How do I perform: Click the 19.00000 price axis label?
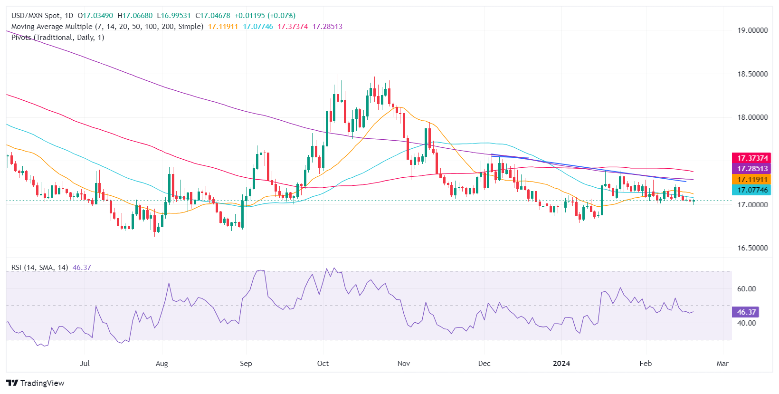click(x=752, y=30)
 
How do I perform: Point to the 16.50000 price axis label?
click(x=752, y=248)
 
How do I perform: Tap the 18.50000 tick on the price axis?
click(x=752, y=74)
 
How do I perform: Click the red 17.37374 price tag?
click(x=752, y=158)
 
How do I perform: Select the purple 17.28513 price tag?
click(x=752, y=169)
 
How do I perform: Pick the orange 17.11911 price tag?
click(x=752, y=180)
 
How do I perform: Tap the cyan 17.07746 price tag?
click(x=752, y=190)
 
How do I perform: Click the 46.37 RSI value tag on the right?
click(x=746, y=312)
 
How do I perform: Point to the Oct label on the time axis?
click(x=323, y=364)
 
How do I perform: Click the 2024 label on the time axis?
click(x=561, y=364)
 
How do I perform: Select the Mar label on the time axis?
click(x=722, y=364)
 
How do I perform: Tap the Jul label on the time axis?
click(x=85, y=364)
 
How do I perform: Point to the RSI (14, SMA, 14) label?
click(x=40, y=268)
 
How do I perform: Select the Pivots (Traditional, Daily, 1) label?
click(x=57, y=38)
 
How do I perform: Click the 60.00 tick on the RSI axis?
click(x=746, y=289)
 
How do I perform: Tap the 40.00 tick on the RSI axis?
click(x=746, y=323)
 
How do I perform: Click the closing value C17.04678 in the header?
click(x=213, y=16)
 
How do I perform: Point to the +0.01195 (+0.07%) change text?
click(x=265, y=16)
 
